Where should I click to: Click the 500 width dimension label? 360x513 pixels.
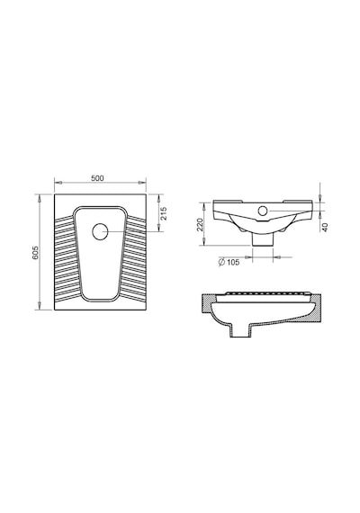pos(97,178)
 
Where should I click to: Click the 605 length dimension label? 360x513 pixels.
pos(35,252)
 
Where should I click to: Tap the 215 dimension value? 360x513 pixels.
pos(163,213)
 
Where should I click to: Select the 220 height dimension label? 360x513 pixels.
pos(200,224)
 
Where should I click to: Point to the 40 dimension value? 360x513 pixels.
pos(325,227)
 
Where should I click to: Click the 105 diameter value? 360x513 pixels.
pos(233,262)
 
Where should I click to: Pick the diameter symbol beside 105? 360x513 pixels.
pos(221,262)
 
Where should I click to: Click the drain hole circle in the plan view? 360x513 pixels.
pos(100,231)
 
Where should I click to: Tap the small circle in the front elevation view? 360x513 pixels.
pos(263,211)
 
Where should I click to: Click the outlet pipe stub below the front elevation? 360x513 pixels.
pos(263,239)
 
